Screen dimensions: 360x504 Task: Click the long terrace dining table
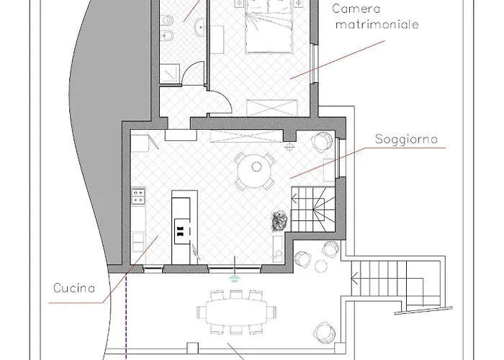[237, 312]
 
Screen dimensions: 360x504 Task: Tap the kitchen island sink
[181, 230]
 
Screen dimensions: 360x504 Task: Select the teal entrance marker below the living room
[233, 276]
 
